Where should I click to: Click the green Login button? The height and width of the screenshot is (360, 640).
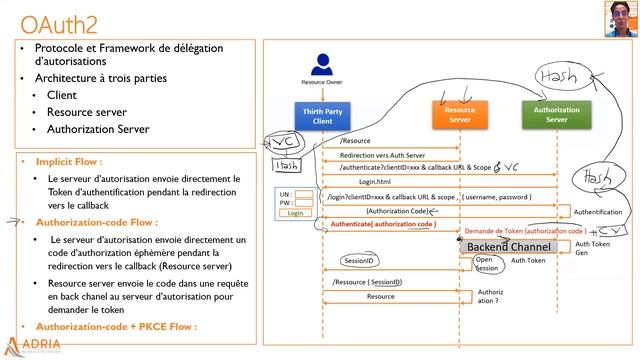pos(295,213)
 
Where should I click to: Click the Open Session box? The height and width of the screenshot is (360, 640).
pos(486,264)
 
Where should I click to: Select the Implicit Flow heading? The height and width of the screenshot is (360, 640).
pos(69,160)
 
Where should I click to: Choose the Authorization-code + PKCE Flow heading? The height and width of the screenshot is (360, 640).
pos(116,326)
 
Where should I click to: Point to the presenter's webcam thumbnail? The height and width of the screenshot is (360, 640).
pos(619,16)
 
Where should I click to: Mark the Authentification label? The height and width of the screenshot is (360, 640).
pos(599,213)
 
